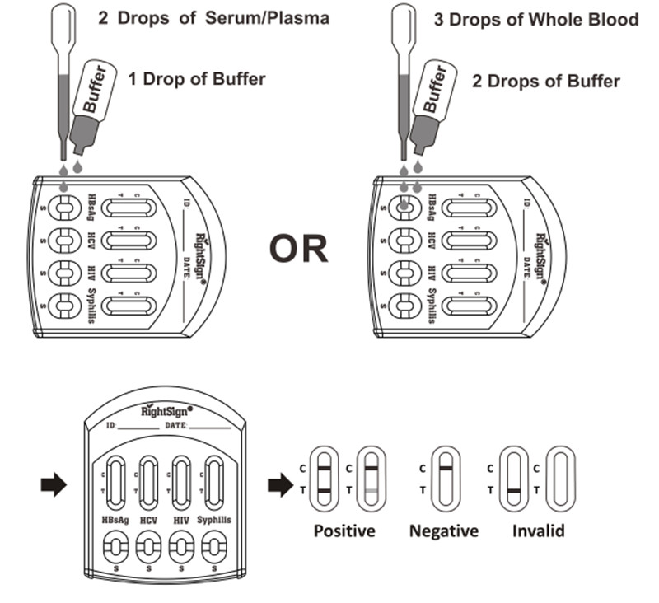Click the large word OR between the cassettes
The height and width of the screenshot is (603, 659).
click(x=298, y=249)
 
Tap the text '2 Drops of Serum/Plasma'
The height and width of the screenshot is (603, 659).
click(x=214, y=18)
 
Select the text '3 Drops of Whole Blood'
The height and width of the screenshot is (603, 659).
click(x=536, y=20)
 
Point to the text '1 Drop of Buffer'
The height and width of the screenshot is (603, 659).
click(x=197, y=79)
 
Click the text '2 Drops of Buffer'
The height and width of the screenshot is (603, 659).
click(x=546, y=81)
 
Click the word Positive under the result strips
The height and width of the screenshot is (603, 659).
click(x=344, y=531)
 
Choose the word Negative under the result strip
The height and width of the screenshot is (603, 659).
click(x=444, y=531)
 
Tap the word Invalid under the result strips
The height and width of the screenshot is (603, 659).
click(x=539, y=531)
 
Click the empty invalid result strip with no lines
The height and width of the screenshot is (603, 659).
click(x=561, y=479)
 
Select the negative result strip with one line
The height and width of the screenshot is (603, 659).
click(x=446, y=479)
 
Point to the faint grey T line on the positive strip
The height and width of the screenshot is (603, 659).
click(x=372, y=491)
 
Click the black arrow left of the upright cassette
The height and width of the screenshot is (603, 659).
click(x=54, y=485)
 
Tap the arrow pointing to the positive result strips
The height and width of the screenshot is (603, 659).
click(x=281, y=485)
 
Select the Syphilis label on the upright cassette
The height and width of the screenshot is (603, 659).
click(x=214, y=521)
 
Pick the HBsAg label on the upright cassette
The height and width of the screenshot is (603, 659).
click(x=115, y=521)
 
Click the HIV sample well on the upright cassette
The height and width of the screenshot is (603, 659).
click(x=181, y=547)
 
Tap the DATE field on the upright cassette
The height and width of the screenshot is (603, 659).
click(x=198, y=426)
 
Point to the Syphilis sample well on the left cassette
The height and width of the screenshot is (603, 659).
click(x=64, y=306)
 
